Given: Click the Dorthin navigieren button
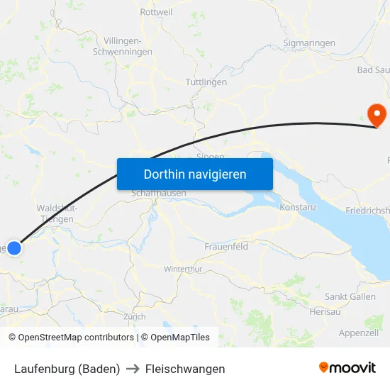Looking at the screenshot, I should pos(194,174).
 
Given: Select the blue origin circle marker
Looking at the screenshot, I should pos(14,248).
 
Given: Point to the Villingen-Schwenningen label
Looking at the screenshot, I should pos(128,46).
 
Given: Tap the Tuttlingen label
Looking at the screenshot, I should pos(206,82).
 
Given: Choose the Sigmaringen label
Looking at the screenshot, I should pos(308,43).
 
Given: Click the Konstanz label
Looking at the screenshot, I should pos(298,206).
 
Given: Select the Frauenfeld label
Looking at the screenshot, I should pos(225,246).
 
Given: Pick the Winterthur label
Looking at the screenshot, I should pos(183,269).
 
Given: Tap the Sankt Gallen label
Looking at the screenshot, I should pos(350,296).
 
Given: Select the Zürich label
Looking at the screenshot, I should pos(134,317).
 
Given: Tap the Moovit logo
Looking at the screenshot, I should pos(347,368).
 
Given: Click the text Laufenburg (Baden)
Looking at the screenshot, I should pos(67,369).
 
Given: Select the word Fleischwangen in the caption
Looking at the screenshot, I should pos(185,369).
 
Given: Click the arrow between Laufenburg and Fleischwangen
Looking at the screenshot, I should pos(133,369).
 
